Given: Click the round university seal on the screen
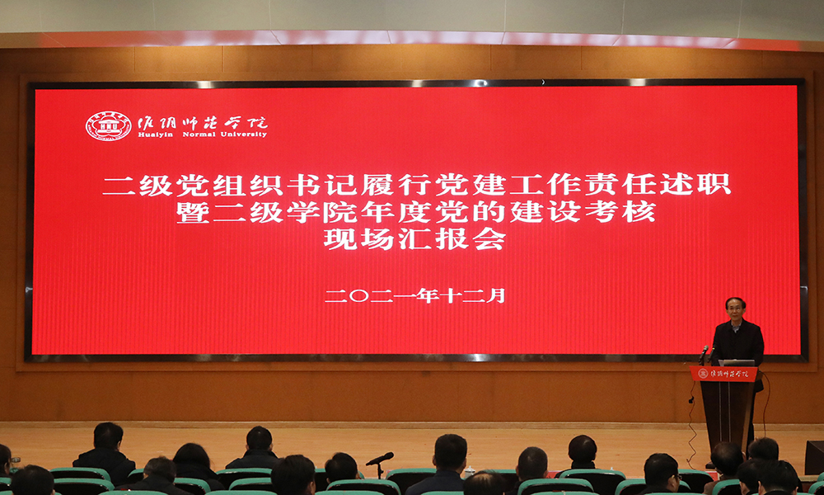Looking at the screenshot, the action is [x=108, y=125].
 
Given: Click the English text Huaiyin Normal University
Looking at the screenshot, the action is [x=203, y=134].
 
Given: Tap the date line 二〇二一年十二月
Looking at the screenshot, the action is [x=414, y=295].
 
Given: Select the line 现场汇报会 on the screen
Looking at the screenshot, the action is [x=414, y=239].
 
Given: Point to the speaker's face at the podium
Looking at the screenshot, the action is [x=736, y=310].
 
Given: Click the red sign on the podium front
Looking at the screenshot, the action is [x=723, y=374].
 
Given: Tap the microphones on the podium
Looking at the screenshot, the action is [x=705, y=353].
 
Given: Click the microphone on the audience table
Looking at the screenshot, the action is [x=379, y=459].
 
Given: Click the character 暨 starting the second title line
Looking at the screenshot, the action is [x=192, y=212].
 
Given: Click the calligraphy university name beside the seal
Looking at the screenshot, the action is [x=203, y=123].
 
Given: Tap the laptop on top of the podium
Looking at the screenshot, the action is [x=737, y=362].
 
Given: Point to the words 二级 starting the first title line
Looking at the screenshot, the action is [x=138, y=185].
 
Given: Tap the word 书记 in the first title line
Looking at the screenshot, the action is [x=323, y=185].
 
